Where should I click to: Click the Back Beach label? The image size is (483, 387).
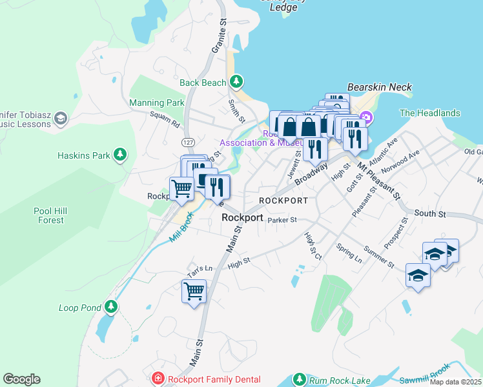pyautogui.click(x=203, y=83)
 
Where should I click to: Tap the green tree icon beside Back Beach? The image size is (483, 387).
pyautogui.click(x=237, y=81)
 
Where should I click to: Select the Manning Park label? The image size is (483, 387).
pyautogui.click(x=156, y=103)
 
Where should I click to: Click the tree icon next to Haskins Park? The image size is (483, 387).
pyautogui.click(x=119, y=154)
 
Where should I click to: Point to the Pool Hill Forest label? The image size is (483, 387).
pyautogui.click(x=50, y=215)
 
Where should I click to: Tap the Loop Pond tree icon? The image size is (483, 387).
pyautogui.click(x=111, y=306)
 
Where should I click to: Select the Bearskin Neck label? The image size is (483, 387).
pyautogui.click(x=379, y=87)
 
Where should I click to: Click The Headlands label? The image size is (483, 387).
pyautogui.click(x=429, y=113)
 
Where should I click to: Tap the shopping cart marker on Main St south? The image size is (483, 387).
pyautogui.click(x=194, y=292)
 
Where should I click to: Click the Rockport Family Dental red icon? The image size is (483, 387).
pyautogui.click(x=156, y=379)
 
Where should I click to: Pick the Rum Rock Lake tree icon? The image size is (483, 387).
pyautogui.click(x=298, y=379)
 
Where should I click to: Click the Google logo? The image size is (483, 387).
pyautogui.click(x=21, y=379)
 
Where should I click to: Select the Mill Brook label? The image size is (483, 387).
pyautogui.click(x=181, y=228)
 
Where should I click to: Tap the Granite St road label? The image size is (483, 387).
pyautogui.click(x=218, y=39)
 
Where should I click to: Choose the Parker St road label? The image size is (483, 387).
pyautogui.click(x=282, y=220)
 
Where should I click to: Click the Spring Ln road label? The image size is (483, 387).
pyautogui.click(x=349, y=252)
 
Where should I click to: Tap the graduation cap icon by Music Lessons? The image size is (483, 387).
pyautogui.click(x=60, y=118)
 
